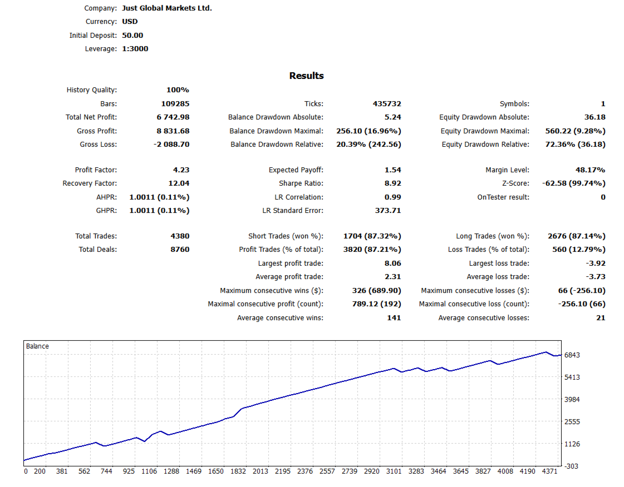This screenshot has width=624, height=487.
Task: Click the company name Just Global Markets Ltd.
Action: tap(166, 8)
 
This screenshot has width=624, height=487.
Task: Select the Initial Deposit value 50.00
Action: tap(132, 35)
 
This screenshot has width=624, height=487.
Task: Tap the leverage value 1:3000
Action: tap(135, 49)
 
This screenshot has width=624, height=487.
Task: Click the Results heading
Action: tap(306, 76)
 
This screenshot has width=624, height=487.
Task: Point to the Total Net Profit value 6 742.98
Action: tap(173, 117)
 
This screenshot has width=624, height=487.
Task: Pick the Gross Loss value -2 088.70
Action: tap(171, 145)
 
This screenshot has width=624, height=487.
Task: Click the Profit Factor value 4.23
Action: tap(181, 170)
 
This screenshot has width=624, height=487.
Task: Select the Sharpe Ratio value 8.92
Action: tap(393, 183)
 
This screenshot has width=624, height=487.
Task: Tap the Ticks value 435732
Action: tap(387, 104)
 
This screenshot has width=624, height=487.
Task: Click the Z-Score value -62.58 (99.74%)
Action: tap(573, 183)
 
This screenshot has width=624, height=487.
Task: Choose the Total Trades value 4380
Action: tap(180, 236)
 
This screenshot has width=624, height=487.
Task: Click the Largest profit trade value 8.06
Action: tap(393, 264)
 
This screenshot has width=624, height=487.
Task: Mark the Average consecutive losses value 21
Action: tap(600, 318)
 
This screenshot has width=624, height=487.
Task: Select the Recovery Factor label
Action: tap(90, 183)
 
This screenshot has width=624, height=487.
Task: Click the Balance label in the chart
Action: tap(37, 346)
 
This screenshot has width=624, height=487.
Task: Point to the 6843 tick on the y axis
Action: tap(572, 355)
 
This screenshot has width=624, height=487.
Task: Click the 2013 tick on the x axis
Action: tap(260, 471)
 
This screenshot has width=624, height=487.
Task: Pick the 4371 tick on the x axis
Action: tap(549, 471)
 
